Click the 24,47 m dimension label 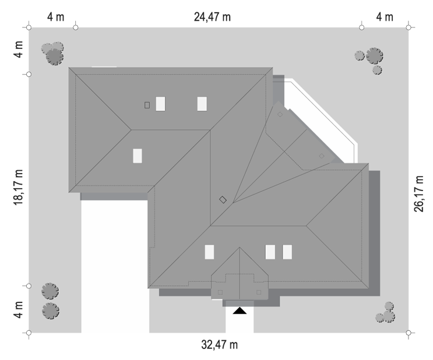click(x=212, y=17)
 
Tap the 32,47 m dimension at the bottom click(x=220, y=345)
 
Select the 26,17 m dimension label click(x=418, y=193)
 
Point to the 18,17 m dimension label click(x=18, y=187)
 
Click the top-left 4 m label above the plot click(x=56, y=17)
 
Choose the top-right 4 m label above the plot click(x=385, y=17)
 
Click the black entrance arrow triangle click(x=240, y=310)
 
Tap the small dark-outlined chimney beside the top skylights click(x=147, y=105)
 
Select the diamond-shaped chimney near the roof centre click(x=223, y=200)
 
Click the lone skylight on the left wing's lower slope click(x=138, y=156)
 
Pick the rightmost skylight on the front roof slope click(x=287, y=252)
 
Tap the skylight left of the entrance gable click(x=209, y=252)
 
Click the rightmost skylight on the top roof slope click(x=202, y=104)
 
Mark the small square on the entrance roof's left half click(x=220, y=292)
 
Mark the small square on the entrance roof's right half click(x=259, y=292)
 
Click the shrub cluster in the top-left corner click(x=53, y=53)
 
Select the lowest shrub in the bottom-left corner click(x=51, y=311)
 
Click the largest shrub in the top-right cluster click(x=375, y=56)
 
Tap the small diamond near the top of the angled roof click(x=280, y=114)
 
